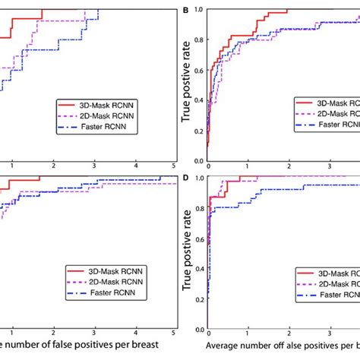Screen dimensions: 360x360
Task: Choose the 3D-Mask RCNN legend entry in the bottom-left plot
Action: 99,270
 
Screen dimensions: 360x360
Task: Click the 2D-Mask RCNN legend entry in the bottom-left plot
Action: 99,282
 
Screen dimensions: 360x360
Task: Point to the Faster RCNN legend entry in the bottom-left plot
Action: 99,294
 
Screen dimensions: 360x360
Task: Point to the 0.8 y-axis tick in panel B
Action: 198,40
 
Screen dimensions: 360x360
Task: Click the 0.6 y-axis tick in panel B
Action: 198,71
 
